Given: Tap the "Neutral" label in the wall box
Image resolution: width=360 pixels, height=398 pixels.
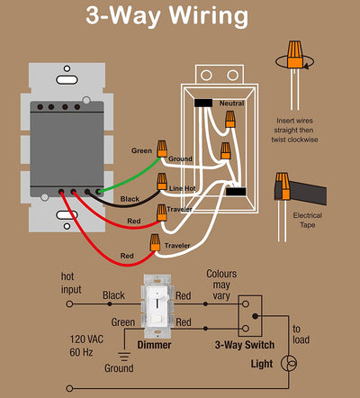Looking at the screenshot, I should [231, 104].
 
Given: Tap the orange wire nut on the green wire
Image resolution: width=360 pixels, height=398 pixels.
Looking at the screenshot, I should [163, 147].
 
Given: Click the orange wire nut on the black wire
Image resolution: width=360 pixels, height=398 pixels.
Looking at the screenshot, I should [162, 183].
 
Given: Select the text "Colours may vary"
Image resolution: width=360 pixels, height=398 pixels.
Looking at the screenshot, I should [222, 285].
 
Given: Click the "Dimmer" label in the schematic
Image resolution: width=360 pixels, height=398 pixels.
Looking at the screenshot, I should [155, 344].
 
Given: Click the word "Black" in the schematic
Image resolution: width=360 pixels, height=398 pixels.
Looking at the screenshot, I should [114, 294].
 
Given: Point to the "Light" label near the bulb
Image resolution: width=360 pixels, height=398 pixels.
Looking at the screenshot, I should [262, 365].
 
